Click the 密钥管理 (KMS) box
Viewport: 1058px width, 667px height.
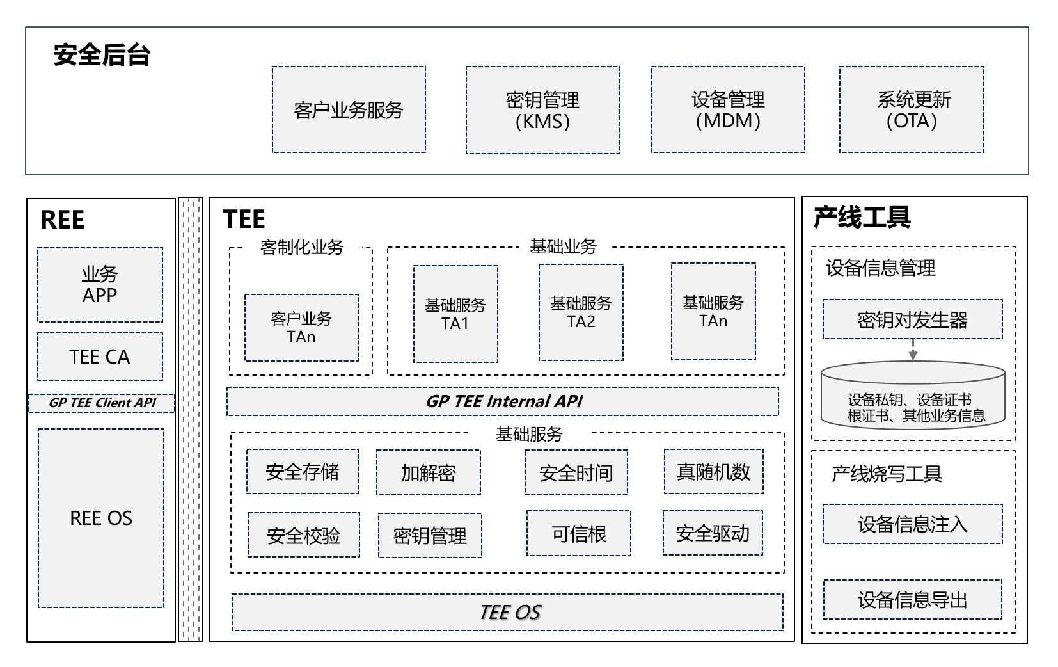pos(542,110)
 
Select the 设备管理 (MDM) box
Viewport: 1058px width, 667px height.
pos(728,110)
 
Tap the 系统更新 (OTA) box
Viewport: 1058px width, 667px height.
pos(912,110)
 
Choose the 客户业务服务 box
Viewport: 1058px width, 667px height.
pos(349,110)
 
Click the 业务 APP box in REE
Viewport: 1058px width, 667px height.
pos(100,285)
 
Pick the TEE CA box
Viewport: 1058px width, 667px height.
pos(100,357)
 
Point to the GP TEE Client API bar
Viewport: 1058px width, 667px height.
pos(102,403)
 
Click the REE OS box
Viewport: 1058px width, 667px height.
pos(101,518)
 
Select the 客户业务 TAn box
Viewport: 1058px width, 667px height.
pos(301,328)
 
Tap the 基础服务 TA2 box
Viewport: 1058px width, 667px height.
pos(581,313)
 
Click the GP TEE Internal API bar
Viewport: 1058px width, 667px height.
pos(503,401)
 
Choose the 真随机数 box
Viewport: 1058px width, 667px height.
pos(713,472)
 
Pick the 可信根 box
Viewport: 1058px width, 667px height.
pos(578,533)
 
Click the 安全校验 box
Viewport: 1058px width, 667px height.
pos(303,535)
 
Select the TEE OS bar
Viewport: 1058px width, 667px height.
pos(507,613)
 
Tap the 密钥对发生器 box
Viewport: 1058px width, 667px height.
pos(912,319)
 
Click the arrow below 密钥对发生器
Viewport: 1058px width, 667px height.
pos(913,350)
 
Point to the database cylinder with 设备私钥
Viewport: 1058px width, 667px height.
pos(913,396)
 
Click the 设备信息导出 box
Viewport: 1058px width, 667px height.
pos(912,600)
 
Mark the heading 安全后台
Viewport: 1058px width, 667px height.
pos(102,55)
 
